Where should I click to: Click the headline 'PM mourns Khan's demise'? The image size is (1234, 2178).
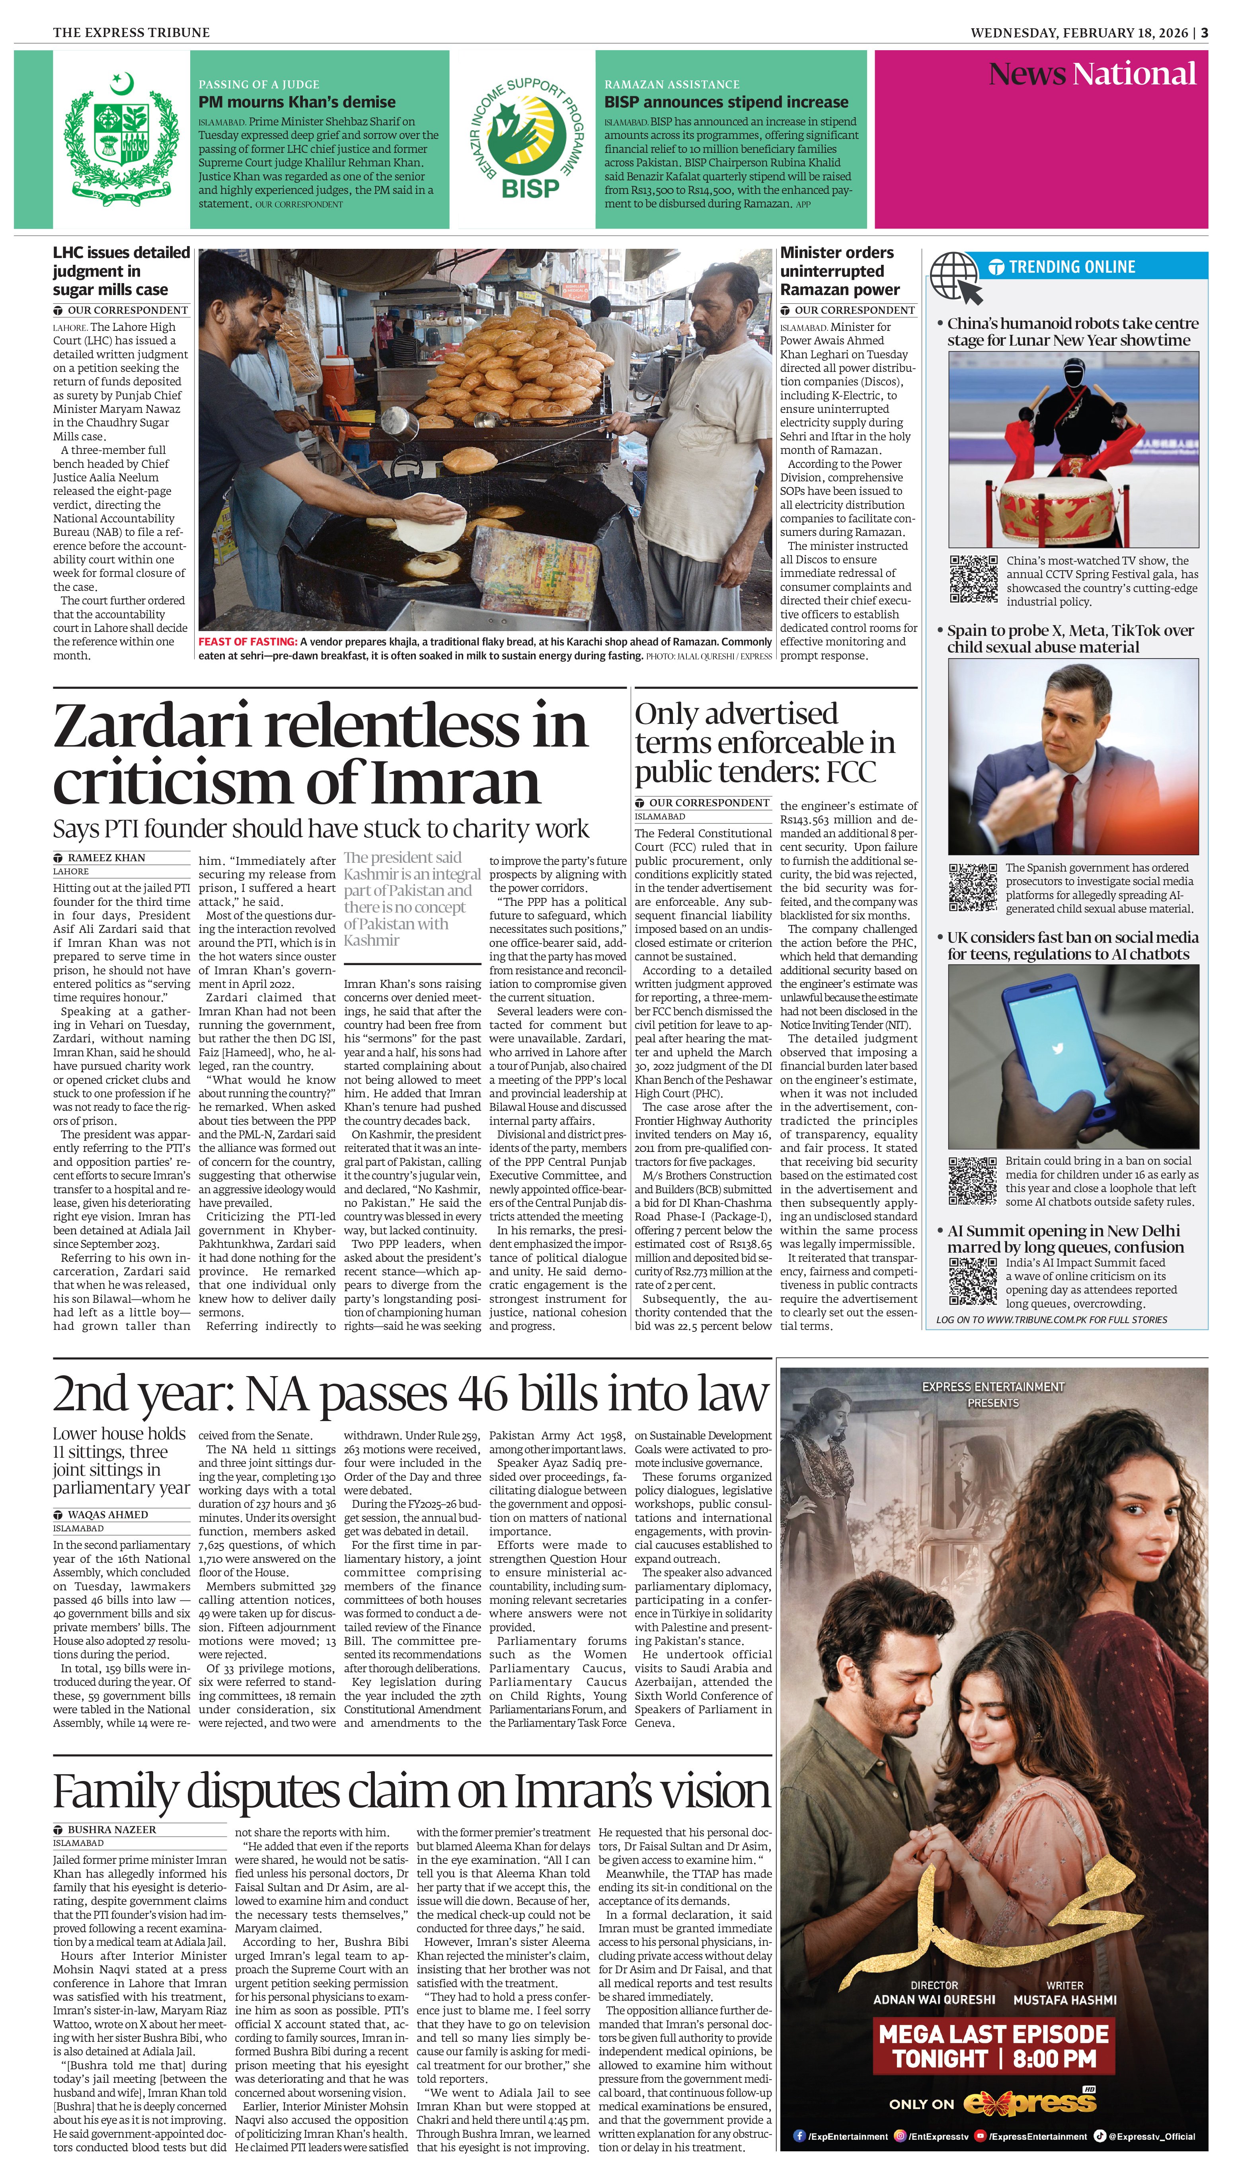tap(296, 102)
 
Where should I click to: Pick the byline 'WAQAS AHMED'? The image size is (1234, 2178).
tap(107, 1514)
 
